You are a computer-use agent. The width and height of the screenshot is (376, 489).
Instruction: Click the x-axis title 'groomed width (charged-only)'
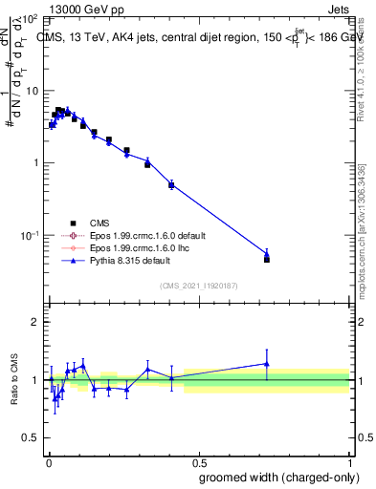click(278, 477)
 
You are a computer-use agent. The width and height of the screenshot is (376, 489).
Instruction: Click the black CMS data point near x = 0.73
click(267, 260)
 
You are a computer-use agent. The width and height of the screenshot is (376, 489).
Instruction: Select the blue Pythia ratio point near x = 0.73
click(267, 363)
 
